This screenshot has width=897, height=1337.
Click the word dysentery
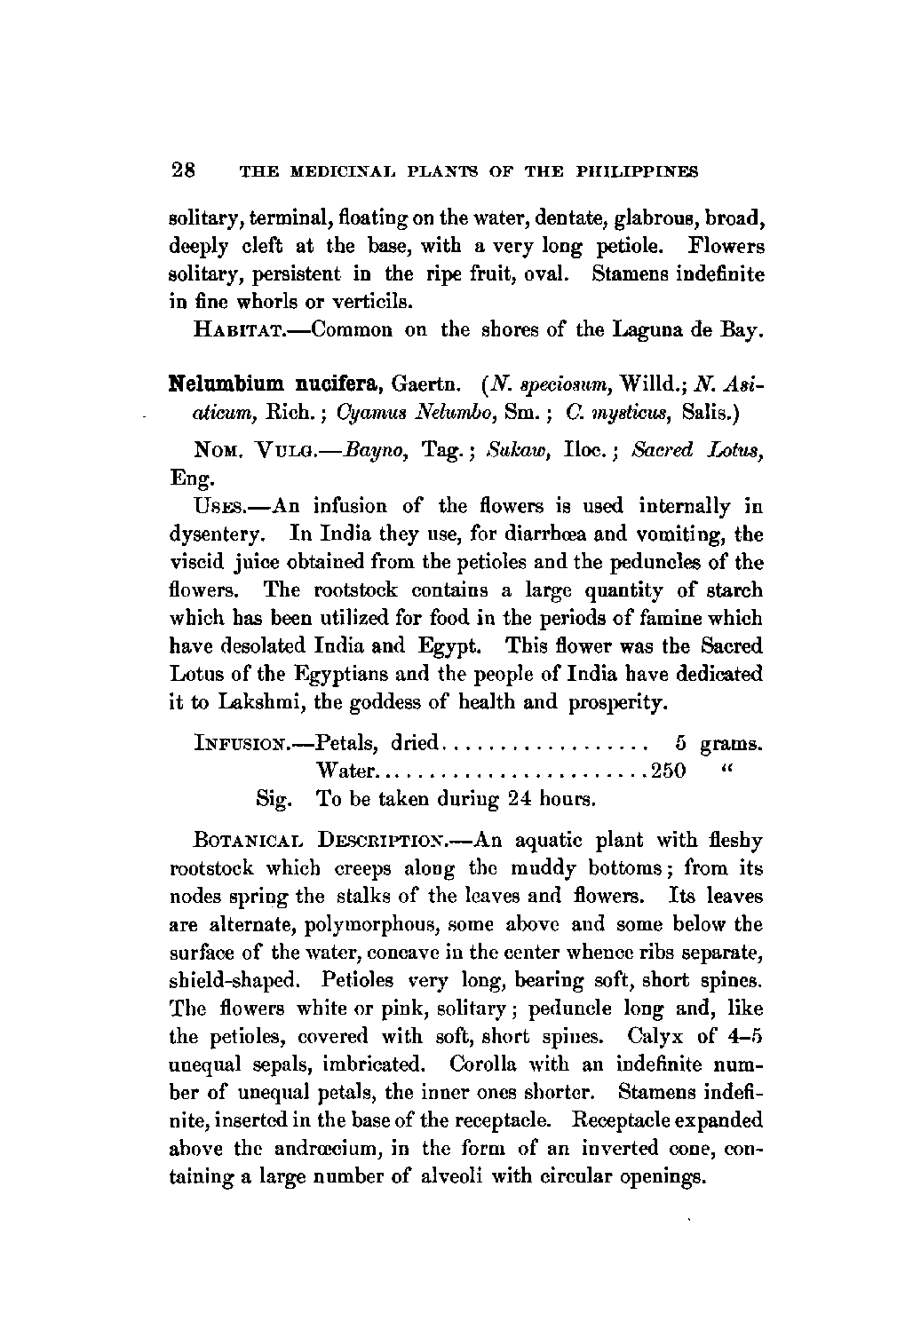(213, 535)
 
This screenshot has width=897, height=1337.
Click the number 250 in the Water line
(669, 770)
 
